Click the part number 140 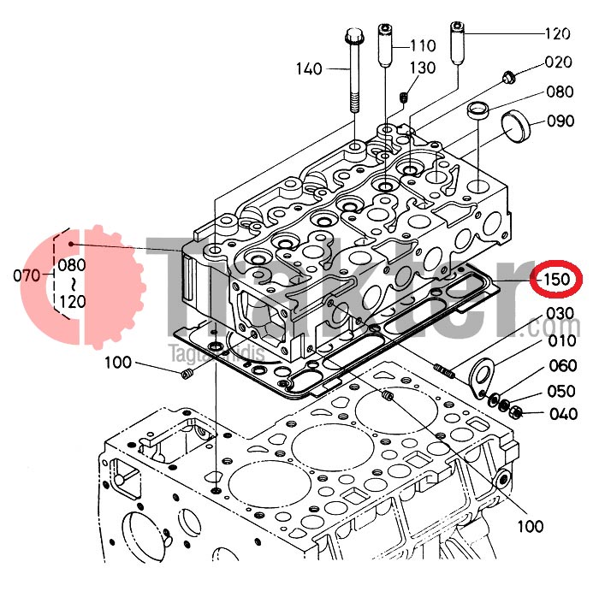coord(310,68)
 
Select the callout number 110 coord(423,44)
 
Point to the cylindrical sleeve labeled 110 coord(386,50)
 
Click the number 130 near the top coord(422,68)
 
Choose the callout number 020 coord(557,62)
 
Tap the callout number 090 coord(560,121)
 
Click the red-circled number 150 coord(552,280)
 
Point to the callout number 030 coord(560,313)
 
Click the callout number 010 coord(561,340)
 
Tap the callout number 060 coord(561,366)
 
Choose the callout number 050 coord(561,391)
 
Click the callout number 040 coord(561,416)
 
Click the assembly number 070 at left coord(27,275)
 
